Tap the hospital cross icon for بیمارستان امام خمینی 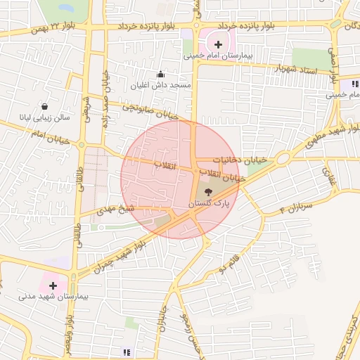tap(218, 44)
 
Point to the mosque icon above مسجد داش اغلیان tap(160, 74)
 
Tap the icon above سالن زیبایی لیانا tap(45, 106)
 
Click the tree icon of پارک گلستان tap(208, 191)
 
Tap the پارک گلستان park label tap(209, 203)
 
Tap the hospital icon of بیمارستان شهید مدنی tap(53, 286)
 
